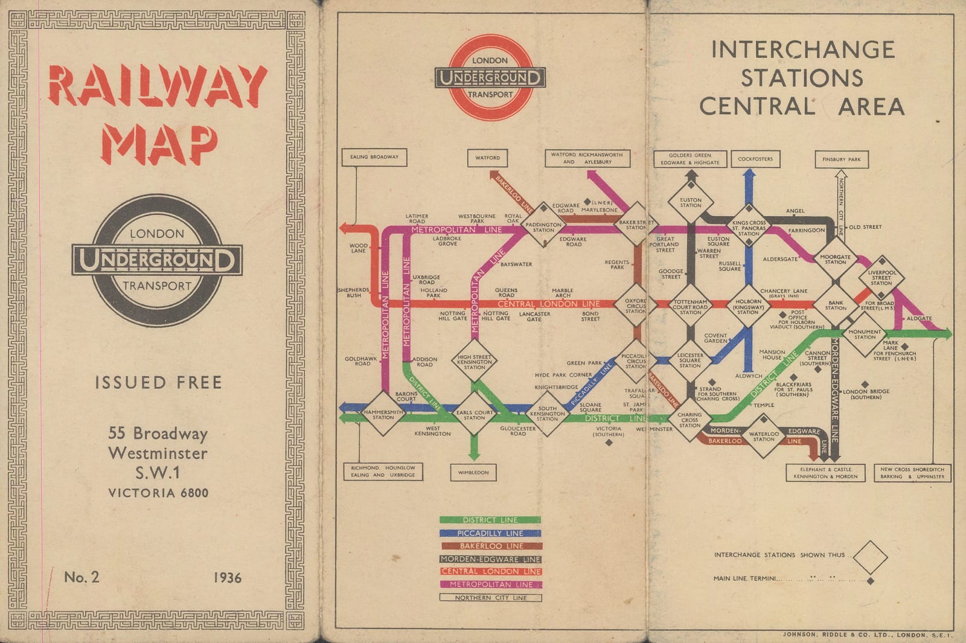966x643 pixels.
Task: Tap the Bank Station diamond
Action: click(x=836, y=305)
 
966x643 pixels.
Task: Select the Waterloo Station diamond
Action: click(x=764, y=436)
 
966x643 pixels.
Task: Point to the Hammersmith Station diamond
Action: click(x=383, y=414)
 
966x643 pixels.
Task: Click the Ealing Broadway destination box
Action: click(x=374, y=157)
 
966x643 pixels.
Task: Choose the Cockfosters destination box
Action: click(x=755, y=159)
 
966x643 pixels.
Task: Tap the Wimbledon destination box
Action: click(x=473, y=472)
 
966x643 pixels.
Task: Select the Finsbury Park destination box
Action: click(x=842, y=159)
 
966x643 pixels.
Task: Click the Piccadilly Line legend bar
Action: click(x=490, y=533)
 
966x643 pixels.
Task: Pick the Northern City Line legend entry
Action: click(x=490, y=598)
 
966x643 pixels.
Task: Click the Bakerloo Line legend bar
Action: click(x=490, y=546)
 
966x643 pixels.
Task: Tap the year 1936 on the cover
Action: click(x=227, y=578)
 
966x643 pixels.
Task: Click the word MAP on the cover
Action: click(x=159, y=145)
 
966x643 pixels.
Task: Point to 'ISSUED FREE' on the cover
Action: click(x=158, y=382)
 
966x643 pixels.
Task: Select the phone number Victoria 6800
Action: click(x=158, y=493)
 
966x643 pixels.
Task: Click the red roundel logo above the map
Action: click(x=490, y=77)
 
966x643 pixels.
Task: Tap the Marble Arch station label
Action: click(x=562, y=293)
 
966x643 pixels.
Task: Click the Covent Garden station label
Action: click(x=715, y=338)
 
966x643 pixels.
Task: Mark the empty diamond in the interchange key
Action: click(x=870, y=557)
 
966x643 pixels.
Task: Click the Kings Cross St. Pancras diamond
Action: click(x=749, y=226)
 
